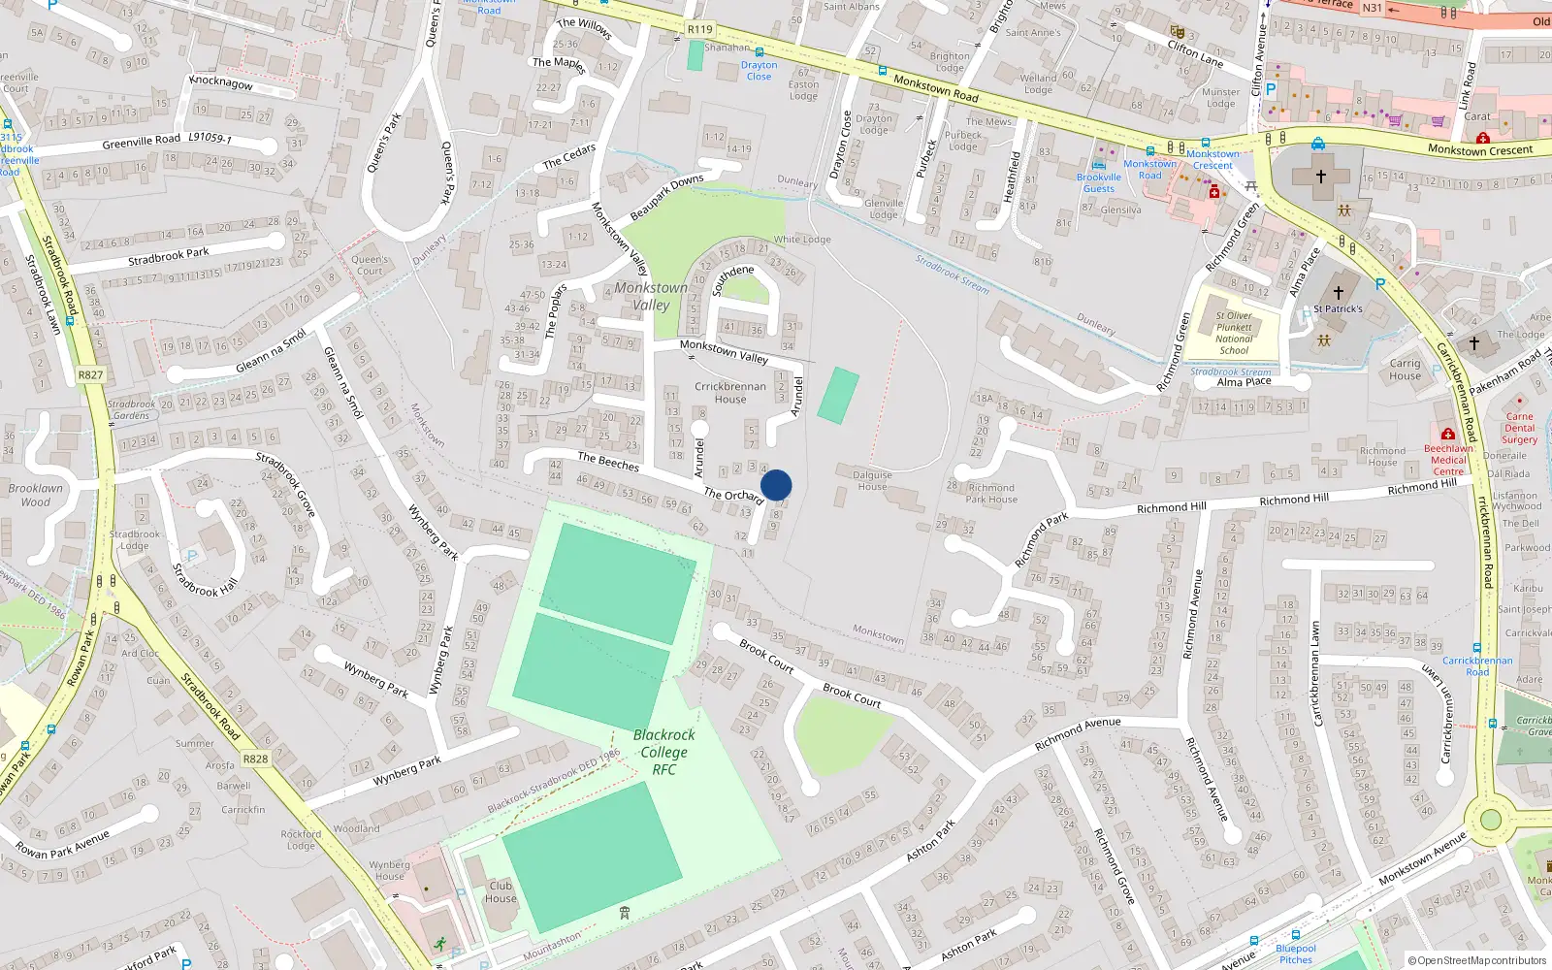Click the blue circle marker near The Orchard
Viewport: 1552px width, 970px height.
[776, 485]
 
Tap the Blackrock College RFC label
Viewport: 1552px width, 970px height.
[663, 752]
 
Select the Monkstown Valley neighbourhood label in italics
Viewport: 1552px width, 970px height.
[651, 296]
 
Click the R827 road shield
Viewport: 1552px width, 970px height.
[90, 374]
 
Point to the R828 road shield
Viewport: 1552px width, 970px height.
[255, 759]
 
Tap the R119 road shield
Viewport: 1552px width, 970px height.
[699, 29]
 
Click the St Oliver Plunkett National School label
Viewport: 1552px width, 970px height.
[1234, 333]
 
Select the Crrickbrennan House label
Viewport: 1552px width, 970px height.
[730, 392]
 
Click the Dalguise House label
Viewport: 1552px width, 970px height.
[872, 480]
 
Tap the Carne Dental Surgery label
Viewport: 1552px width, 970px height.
[1520, 428]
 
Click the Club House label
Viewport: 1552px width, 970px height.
[501, 891]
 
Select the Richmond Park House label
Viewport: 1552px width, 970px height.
[990, 494]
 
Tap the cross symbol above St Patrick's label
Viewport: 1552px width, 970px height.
[1339, 292]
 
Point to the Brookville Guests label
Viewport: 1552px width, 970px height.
[1099, 182]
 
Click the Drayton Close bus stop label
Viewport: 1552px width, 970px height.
[759, 71]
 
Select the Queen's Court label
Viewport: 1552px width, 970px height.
[370, 265]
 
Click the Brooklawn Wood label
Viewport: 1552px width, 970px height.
[35, 495]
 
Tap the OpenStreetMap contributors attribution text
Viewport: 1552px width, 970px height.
[1481, 960]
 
